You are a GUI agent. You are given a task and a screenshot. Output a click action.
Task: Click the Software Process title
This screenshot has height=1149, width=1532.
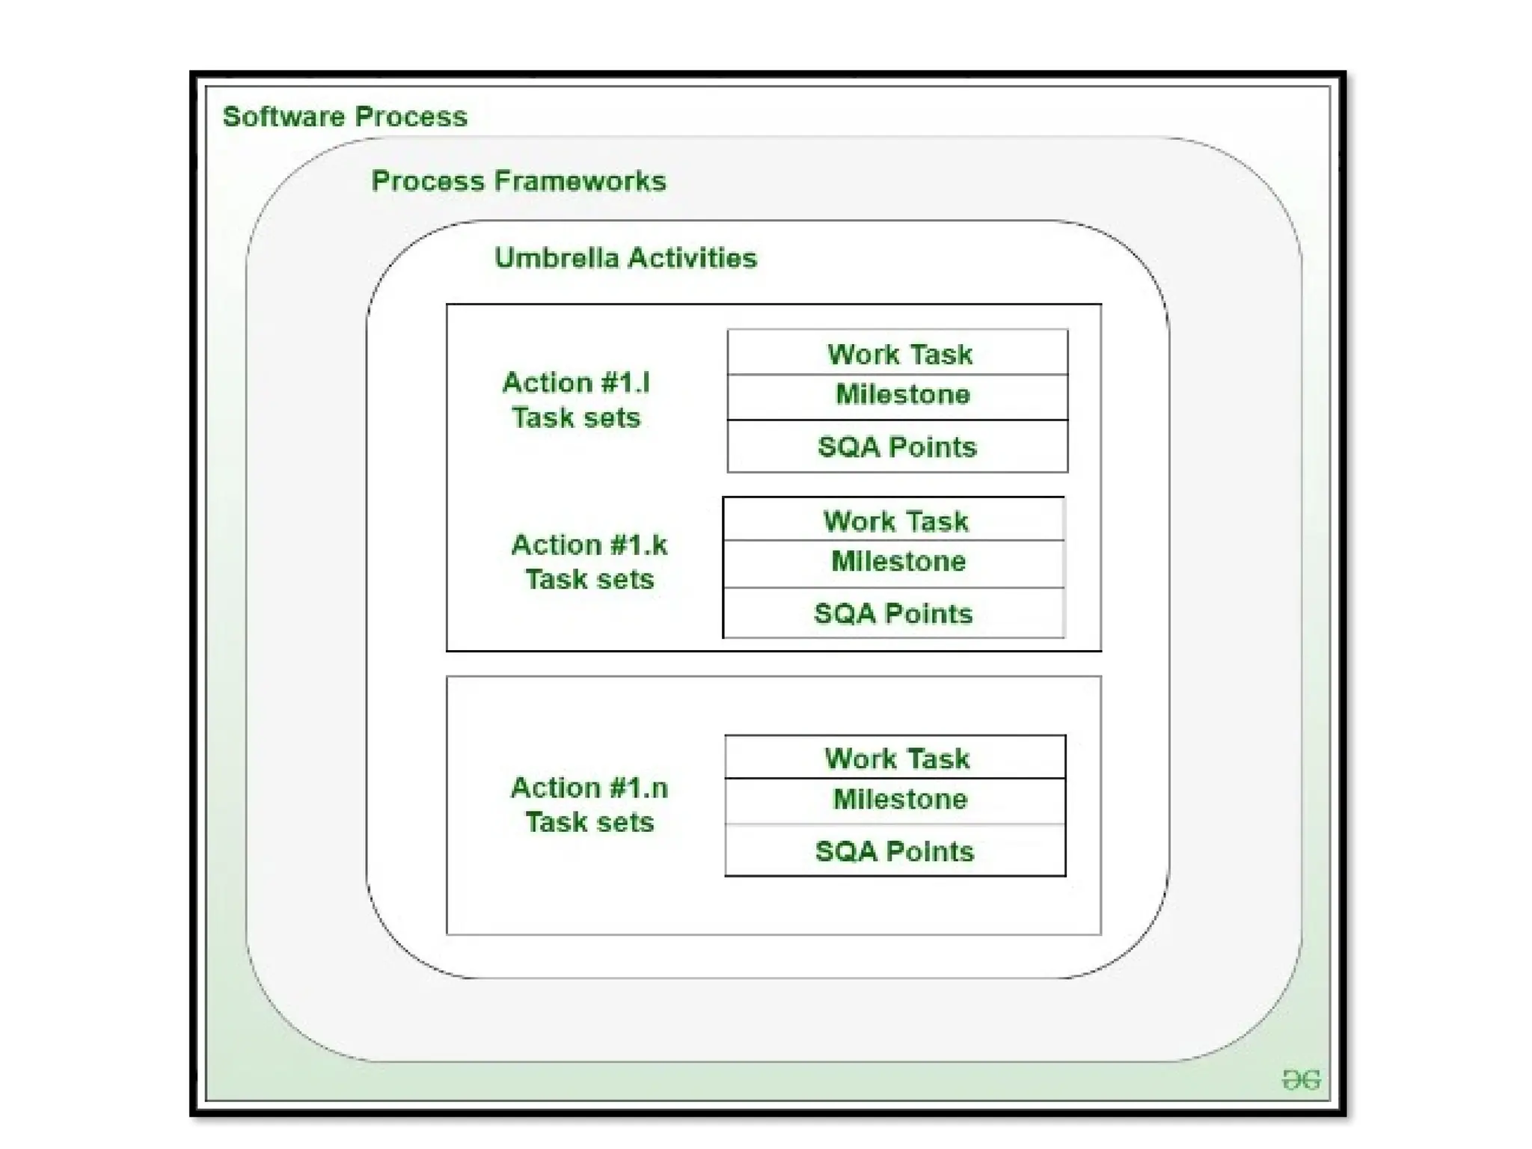pos(345,117)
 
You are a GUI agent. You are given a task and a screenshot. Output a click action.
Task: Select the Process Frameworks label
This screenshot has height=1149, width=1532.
pos(518,181)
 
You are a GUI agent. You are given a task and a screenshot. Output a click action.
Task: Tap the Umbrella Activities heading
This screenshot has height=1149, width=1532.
pos(625,258)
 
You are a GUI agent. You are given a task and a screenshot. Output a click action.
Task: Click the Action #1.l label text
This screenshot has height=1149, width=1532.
pos(576,383)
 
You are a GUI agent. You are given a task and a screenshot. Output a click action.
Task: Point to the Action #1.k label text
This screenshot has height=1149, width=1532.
pos(589,545)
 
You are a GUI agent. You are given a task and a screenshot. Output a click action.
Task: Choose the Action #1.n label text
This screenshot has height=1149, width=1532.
pos(589,788)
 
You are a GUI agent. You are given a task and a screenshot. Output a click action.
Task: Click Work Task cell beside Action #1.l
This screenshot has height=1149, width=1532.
pos(899,354)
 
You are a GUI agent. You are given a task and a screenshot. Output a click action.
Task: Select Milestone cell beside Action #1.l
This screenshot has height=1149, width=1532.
pos(902,394)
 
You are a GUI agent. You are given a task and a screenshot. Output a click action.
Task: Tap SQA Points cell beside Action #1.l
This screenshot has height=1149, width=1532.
pos(897,447)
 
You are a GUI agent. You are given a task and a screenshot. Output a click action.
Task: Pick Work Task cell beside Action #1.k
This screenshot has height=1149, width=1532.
pos(895,521)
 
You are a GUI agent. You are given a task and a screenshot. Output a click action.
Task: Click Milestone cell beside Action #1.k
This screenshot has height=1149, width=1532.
pos(898,561)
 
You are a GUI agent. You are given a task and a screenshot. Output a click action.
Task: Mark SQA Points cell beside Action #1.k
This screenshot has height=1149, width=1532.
pos(893,613)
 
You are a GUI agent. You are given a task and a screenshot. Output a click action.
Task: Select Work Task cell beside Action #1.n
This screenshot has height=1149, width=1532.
pos(897,759)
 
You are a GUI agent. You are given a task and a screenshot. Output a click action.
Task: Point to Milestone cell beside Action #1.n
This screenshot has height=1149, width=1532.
pos(900,799)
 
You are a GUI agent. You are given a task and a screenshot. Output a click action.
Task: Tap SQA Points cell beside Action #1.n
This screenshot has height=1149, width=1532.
pos(895,851)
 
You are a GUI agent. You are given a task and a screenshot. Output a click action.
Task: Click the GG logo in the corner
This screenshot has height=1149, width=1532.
pos(1301,1079)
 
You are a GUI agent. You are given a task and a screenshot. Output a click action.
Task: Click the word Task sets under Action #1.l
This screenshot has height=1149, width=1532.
pos(576,417)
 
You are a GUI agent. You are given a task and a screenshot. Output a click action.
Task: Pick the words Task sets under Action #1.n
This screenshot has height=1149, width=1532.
pos(589,822)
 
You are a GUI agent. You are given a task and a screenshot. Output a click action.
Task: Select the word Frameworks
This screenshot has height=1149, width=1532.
pos(580,181)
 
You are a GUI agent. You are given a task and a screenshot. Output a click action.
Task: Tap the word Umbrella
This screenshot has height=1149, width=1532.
pos(557,258)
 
